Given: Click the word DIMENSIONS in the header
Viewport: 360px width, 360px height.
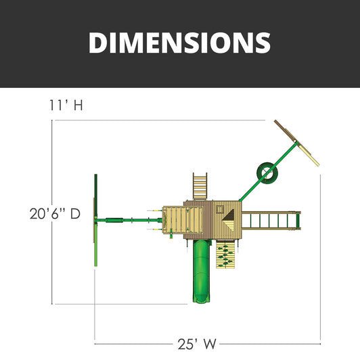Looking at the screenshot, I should [179, 42].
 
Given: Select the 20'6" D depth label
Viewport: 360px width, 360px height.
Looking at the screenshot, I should [55, 214].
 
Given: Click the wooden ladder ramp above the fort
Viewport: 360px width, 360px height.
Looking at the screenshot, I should [200, 185].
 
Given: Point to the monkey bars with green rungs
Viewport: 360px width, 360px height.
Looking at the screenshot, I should [270, 220].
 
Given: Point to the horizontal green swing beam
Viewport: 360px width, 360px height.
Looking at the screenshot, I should [129, 219].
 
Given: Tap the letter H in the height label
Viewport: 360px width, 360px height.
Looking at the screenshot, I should [78, 106].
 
